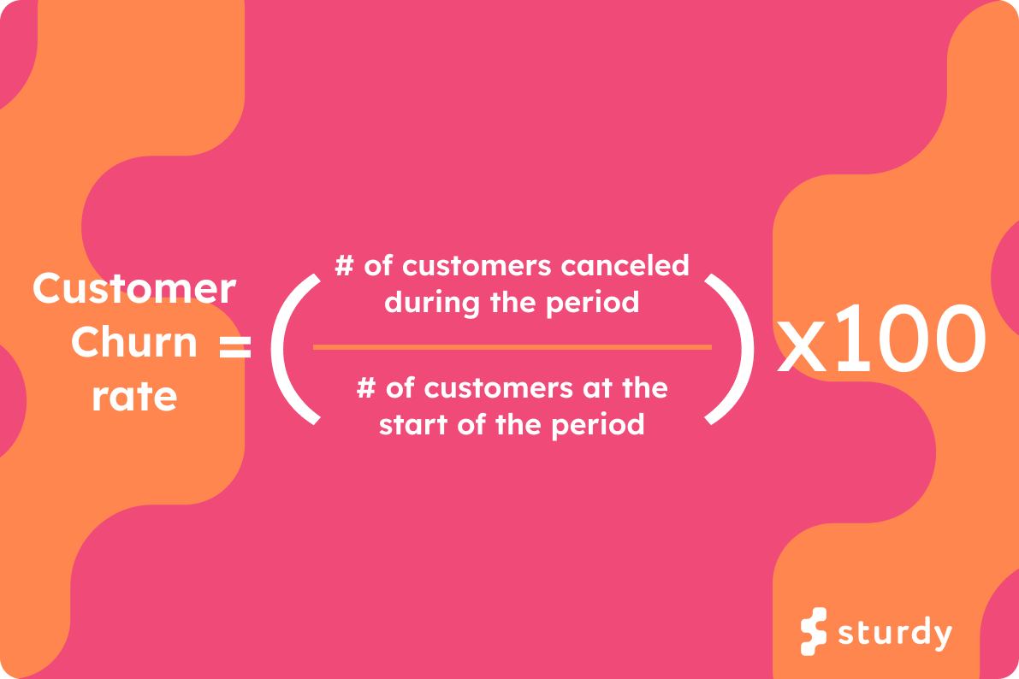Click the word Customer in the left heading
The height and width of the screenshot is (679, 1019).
coord(134,289)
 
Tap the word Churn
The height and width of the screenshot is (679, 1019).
coord(134,343)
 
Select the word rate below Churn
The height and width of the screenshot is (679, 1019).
coord(134,396)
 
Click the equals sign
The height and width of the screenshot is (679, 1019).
coord(234,346)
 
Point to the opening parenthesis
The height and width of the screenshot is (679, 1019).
coord(293,348)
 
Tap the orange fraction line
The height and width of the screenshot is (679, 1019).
coord(512,346)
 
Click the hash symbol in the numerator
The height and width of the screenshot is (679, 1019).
coord(344,265)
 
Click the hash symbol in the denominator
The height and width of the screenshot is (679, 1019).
coord(365,389)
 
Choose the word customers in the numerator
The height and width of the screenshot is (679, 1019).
coord(478,266)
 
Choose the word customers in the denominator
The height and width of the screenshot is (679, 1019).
coord(501,389)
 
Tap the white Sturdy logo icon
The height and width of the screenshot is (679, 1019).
coord(814,632)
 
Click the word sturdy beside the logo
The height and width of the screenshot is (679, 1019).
coord(894,634)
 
